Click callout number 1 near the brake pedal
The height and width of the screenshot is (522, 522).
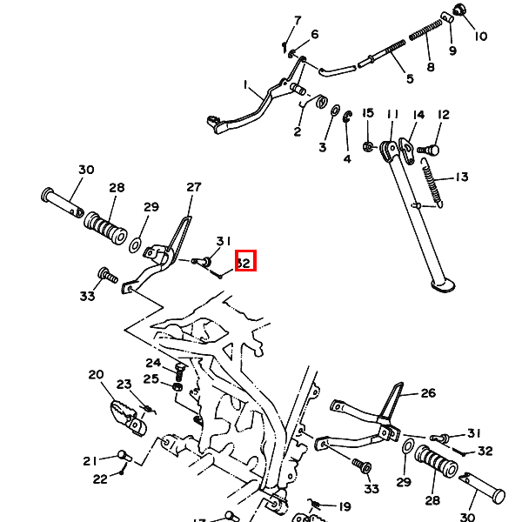[246, 85]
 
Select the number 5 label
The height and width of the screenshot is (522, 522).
[409, 79]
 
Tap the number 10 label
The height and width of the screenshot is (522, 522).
[480, 37]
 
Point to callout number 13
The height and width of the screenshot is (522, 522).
[460, 177]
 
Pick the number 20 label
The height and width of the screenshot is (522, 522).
[96, 375]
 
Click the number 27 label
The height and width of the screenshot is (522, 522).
[193, 187]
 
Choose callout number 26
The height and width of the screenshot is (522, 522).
[427, 392]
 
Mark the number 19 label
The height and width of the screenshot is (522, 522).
[345, 506]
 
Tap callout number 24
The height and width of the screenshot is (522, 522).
[153, 363]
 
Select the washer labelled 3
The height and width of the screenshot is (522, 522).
[335, 110]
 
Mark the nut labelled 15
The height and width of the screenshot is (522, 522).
[369, 145]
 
